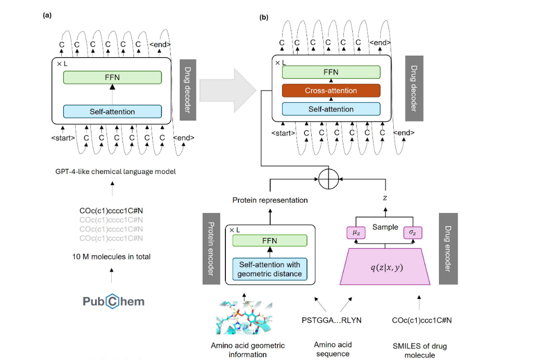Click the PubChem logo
[113, 301]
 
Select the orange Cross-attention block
[331, 91]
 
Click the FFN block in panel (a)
[112, 77]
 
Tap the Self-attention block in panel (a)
[112, 111]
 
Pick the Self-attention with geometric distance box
[269, 269]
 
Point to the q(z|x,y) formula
[384, 268]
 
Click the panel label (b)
[264, 17]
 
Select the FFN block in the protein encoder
[269, 241]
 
